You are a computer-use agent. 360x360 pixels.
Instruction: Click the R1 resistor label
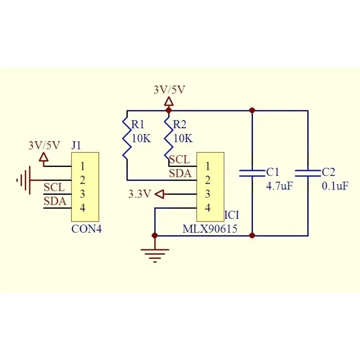pyautogui.click(x=138, y=125)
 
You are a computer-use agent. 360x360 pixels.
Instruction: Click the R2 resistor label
pyautogui.click(x=180, y=125)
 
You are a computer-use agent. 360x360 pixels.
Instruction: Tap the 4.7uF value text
pyautogui.click(x=279, y=186)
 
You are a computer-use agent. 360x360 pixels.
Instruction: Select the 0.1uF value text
pyautogui.click(x=335, y=186)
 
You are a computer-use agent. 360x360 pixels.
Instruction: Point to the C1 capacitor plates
pyautogui.click(x=252, y=173)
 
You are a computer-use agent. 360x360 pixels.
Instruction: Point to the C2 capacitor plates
pyautogui.click(x=308, y=173)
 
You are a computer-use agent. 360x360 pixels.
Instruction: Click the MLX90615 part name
pyautogui.click(x=210, y=229)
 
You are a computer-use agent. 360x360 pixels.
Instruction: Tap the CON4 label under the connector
pyautogui.click(x=86, y=229)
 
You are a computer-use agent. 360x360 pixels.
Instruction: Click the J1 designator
pyautogui.click(x=76, y=146)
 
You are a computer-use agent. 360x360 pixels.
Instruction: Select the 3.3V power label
pyautogui.click(x=139, y=194)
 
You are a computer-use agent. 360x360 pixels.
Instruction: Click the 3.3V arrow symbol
pyautogui.click(x=160, y=194)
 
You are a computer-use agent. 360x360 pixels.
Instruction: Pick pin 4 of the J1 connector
pyautogui.click(x=82, y=208)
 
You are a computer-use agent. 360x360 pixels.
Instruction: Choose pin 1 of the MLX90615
pyautogui.click(x=207, y=166)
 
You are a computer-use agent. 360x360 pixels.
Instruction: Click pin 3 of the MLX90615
pyautogui.click(x=207, y=194)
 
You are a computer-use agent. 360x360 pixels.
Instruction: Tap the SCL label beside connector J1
pyautogui.click(x=54, y=187)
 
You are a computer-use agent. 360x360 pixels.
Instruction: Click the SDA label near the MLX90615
pyautogui.click(x=180, y=174)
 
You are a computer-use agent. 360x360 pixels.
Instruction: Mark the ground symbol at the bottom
pyautogui.click(x=155, y=255)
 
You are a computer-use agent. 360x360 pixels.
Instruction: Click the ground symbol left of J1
pyautogui.click(x=23, y=180)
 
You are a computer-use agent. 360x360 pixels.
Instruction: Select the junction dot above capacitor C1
pyautogui.click(x=252, y=110)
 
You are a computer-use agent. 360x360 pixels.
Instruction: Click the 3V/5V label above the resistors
pyautogui.click(x=170, y=90)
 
